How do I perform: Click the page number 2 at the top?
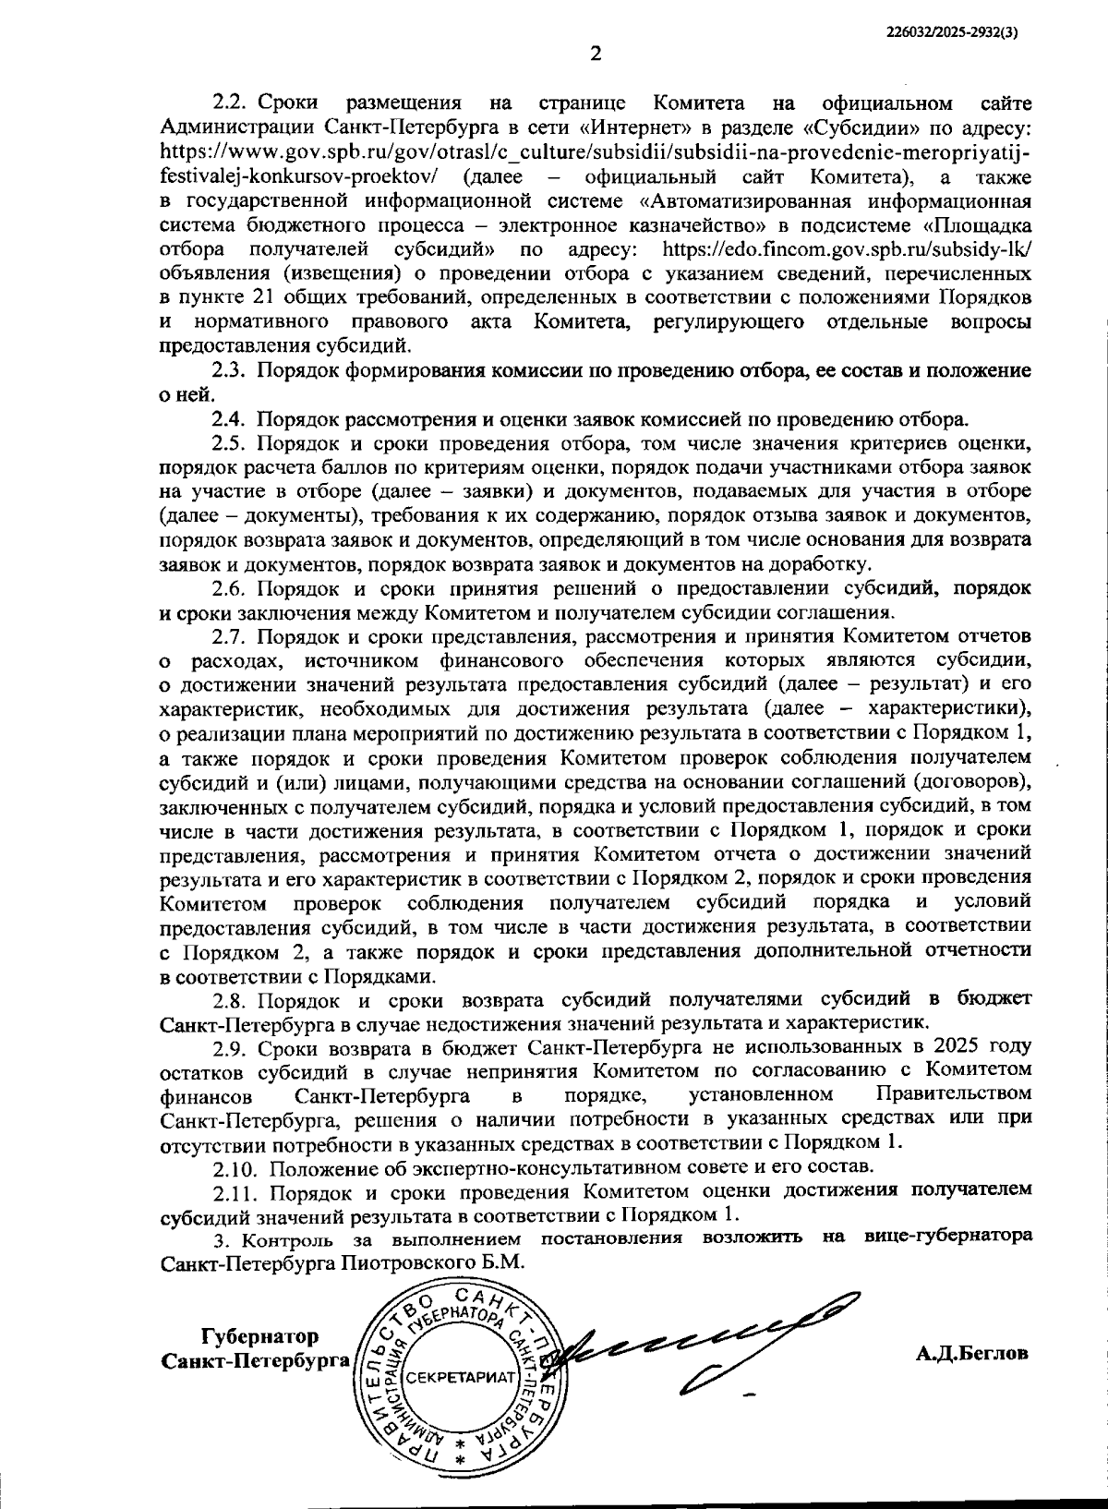tap(596, 54)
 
